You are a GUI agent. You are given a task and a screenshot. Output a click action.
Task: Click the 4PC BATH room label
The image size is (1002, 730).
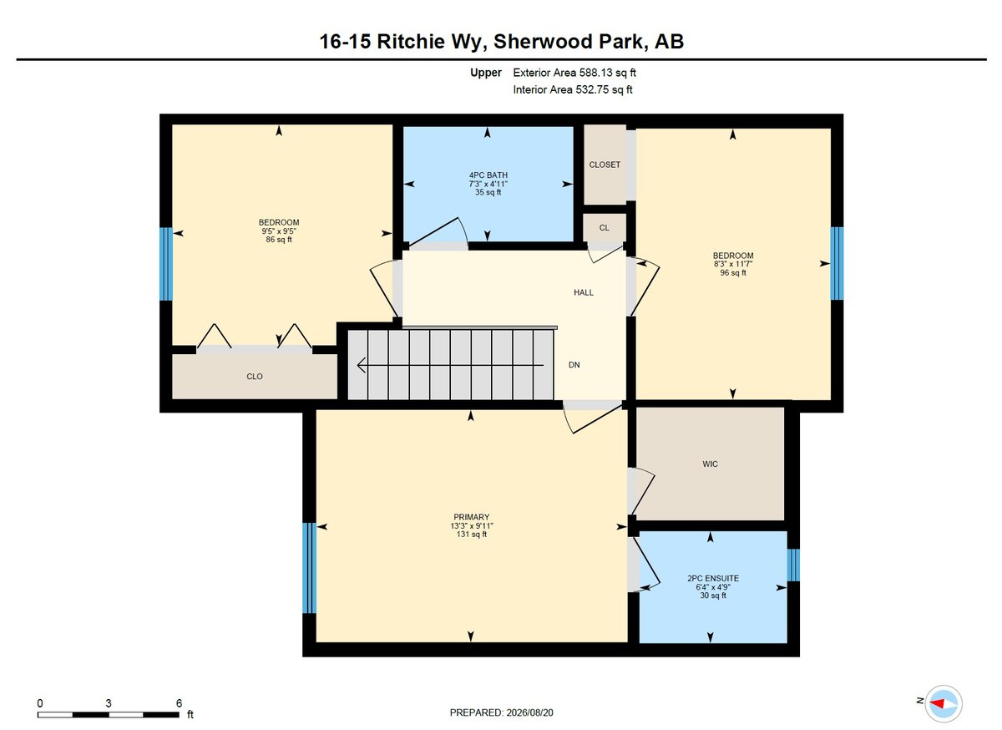tap(488, 175)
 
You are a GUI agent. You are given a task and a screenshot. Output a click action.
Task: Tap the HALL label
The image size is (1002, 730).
tap(584, 292)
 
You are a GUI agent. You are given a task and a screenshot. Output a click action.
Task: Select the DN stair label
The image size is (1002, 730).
tap(574, 365)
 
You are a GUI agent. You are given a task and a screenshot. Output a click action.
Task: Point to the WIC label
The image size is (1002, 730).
tap(710, 464)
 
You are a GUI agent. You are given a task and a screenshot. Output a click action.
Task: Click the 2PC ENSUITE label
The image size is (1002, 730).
tap(713, 578)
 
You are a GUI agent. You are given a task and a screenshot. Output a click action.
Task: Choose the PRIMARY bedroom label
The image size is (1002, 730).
tap(472, 517)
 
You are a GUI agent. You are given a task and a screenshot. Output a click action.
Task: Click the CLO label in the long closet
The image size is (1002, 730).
tap(255, 377)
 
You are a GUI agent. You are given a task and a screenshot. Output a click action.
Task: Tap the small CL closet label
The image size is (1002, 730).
tap(604, 228)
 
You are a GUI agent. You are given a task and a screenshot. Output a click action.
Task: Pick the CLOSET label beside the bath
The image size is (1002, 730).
tap(605, 165)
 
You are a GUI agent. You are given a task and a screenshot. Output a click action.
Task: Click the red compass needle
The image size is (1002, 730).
tap(937, 703)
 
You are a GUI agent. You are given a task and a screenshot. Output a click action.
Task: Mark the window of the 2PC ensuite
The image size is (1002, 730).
tap(793, 565)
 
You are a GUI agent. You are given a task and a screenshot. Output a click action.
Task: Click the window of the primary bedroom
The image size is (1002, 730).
tap(309, 568)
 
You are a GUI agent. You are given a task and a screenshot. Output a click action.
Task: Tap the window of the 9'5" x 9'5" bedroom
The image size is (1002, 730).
tap(166, 264)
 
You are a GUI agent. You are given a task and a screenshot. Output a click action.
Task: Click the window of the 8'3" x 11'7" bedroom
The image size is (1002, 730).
tap(837, 263)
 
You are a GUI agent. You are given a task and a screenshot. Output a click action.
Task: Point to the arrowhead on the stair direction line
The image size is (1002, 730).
tap(361, 365)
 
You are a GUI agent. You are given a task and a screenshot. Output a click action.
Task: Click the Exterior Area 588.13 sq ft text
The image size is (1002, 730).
tap(574, 73)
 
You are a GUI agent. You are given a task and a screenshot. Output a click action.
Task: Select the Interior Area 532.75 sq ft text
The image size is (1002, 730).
tap(573, 89)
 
